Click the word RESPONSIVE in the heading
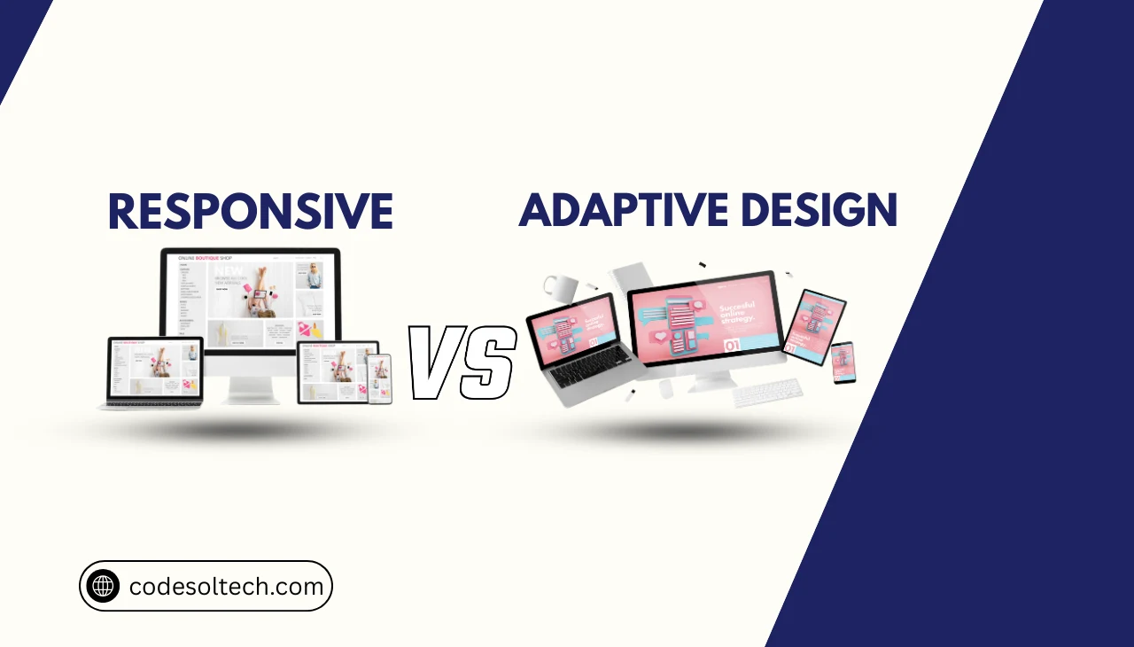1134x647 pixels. pos(250,213)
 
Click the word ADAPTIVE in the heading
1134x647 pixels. pos(622,211)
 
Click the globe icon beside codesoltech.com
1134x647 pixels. pos(103,586)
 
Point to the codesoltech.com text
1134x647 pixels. pos(227,587)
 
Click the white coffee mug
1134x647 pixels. pos(559,288)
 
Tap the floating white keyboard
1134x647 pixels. pos(766,392)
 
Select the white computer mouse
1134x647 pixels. pos(666,387)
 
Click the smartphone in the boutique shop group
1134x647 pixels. pos(379,378)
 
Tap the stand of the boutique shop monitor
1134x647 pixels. pos(249,386)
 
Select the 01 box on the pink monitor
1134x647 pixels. pos(732,346)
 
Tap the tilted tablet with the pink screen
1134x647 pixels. pos(814,325)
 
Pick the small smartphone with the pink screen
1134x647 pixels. pos(843,362)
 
